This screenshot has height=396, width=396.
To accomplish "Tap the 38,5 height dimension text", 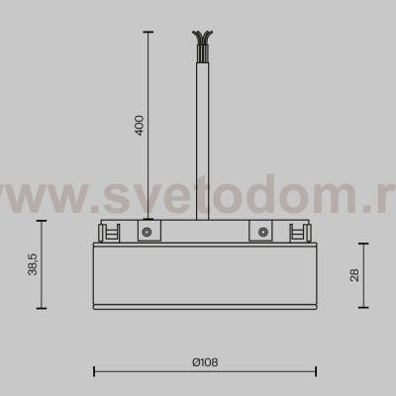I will click(x=34, y=266).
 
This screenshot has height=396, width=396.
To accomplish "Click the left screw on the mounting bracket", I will click(x=145, y=233).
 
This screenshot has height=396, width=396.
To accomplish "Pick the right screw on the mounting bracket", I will click(x=262, y=233).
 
